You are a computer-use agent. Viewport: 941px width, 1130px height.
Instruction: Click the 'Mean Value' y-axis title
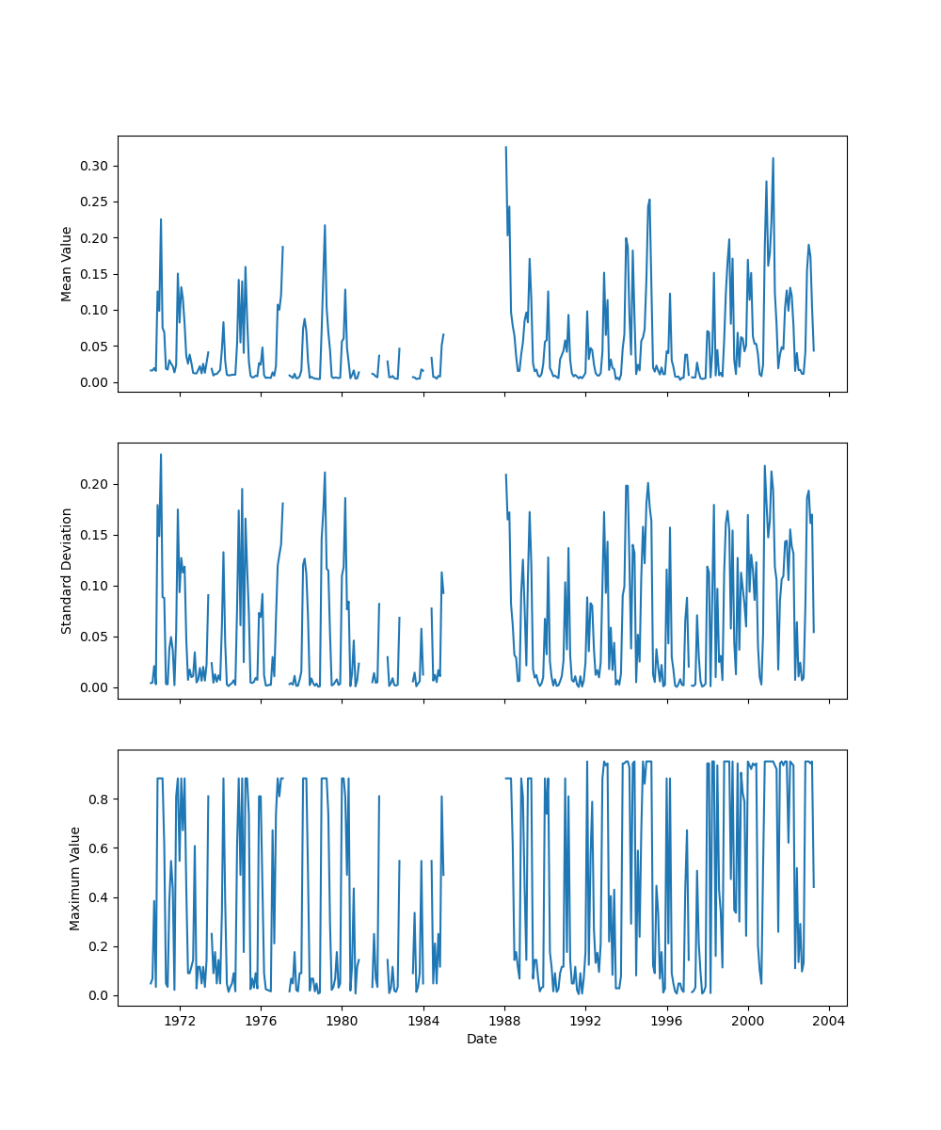pyautogui.click(x=67, y=264)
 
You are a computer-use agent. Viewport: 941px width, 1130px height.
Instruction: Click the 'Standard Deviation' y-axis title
pyautogui.click(x=67, y=571)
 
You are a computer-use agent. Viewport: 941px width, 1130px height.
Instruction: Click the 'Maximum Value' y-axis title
pyautogui.click(x=74, y=878)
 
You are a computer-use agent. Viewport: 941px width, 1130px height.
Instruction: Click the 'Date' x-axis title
pyautogui.click(x=482, y=1039)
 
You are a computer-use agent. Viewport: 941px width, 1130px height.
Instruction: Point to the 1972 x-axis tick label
pyautogui.click(x=180, y=1020)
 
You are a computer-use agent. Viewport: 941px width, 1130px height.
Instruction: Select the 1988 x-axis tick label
pyautogui.click(x=504, y=1020)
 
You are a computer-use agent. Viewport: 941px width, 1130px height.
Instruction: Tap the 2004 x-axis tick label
pyautogui.click(x=829, y=1020)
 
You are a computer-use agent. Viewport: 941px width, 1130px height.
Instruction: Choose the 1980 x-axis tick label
pyautogui.click(x=342, y=1020)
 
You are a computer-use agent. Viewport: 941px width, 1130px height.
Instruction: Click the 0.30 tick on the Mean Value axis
pyautogui.click(x=95, y=166)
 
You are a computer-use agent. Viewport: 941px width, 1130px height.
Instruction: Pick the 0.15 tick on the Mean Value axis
pyautogui.click(x=95, y=274)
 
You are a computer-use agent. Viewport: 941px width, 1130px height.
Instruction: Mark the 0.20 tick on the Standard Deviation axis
pyautogui.click(x=95, y=484)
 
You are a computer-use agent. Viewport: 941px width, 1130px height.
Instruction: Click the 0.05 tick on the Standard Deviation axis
pyautogui.click(x=95, y=637)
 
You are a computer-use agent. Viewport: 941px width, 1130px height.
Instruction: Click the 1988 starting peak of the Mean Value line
pyautogui.click(x=505, y=147)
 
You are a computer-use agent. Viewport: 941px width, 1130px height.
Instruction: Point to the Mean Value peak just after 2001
pyautogui.click(x=773, y=158)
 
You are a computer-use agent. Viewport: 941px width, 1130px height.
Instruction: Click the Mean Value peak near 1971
pyautogui.click(x=161, y=219)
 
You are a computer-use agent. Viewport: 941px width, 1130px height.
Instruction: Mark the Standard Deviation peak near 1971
pyautogui.click(x=161, y=454)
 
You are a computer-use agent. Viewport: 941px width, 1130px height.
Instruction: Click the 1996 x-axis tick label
pyautogui.click(x=667, y=1020)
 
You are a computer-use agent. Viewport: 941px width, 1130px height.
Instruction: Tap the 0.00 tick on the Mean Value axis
pyautogui.click(x=95, y=382)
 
